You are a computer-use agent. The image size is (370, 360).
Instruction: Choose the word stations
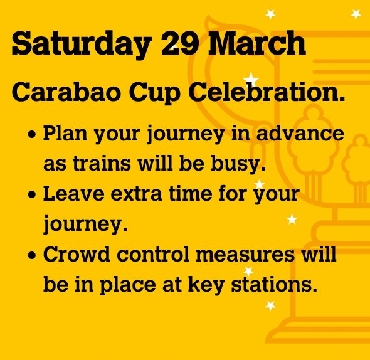tap(281, 285)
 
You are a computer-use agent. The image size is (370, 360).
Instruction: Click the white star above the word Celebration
tap(251, 79)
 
